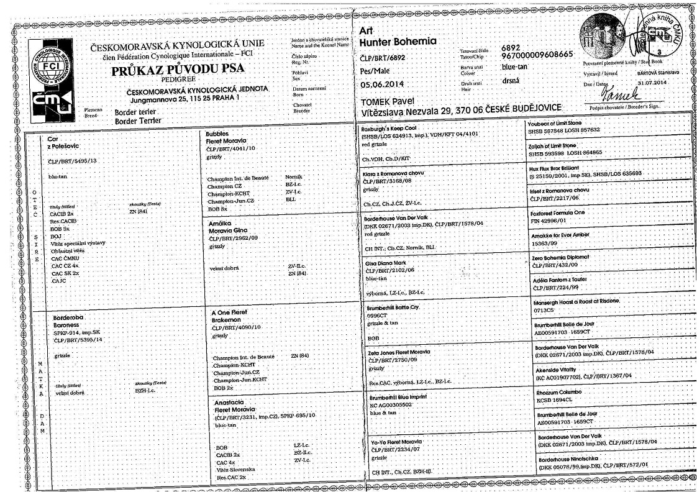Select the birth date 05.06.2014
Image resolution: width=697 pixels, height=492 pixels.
[385, 85]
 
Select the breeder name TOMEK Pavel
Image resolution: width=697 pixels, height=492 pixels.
[389, 101]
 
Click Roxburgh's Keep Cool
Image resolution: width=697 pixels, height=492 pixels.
[393, 126]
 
